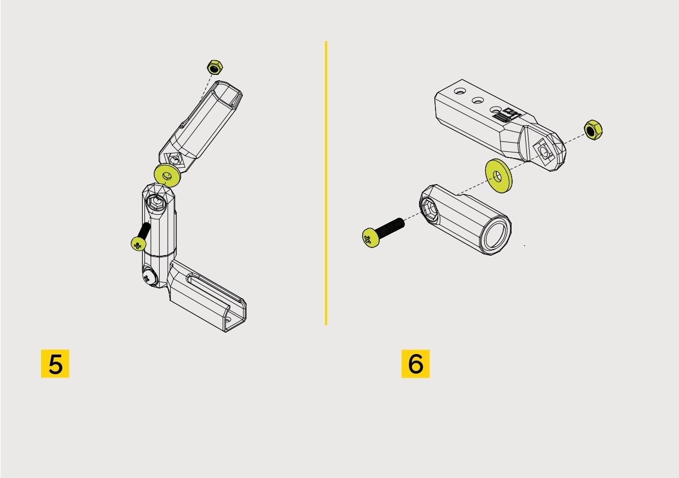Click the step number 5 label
click(55, 363)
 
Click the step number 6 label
click(415, 363)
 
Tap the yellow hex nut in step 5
click(213, 68)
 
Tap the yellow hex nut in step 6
click(593, 130)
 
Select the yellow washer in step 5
click(167, 175)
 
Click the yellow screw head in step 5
click(138, 243)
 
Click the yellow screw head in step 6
click(371, 238)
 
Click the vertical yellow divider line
click(326, 183)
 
